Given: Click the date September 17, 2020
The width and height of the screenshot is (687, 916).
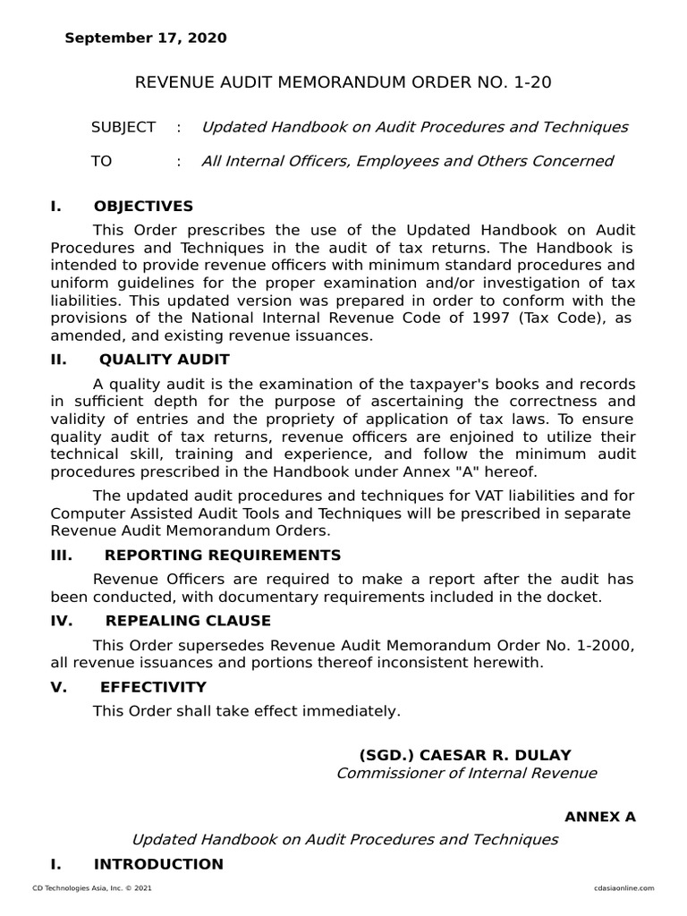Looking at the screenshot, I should coord(146,38).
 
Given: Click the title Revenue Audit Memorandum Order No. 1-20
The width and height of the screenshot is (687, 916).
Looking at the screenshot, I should coord(343,82).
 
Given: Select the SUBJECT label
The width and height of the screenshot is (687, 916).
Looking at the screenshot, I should coord(123,127).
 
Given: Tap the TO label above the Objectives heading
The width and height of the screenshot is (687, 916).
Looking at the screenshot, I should coord(102,161).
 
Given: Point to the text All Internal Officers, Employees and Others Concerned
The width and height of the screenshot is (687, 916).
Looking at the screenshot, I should coord(407,161).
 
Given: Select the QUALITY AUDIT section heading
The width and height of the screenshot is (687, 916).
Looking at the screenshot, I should coord(164,360).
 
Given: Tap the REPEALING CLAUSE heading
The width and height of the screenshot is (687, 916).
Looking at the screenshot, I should coord(188,621).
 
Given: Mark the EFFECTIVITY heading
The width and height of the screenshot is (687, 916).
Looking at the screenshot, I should coord(153,687).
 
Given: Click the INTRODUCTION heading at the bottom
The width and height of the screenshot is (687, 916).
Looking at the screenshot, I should coord(158,864).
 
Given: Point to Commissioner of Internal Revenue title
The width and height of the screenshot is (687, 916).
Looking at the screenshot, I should coord(466,773).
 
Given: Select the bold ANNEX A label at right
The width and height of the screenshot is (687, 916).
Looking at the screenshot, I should coord(599,818).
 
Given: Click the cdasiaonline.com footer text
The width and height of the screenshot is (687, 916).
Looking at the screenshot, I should coord(623,888).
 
